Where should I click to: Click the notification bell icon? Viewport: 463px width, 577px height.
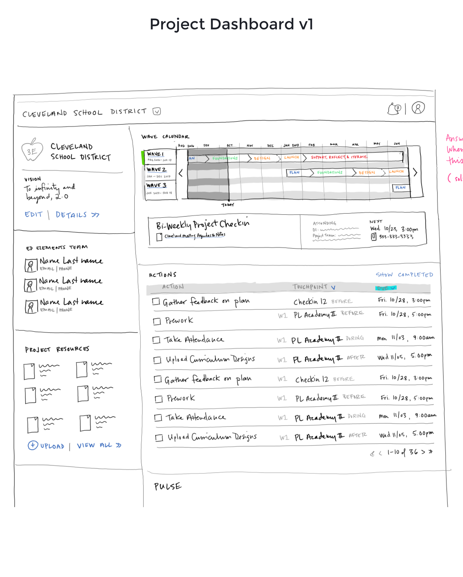pos(394,109)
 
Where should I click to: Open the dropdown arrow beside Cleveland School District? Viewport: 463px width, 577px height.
pos(157,111)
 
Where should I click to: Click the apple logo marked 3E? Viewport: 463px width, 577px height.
pos(32,150)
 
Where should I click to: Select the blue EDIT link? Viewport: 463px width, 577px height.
pos(34,215)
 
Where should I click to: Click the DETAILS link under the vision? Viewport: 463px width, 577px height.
pos(77,215)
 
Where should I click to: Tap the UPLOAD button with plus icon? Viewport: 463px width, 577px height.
pos(46,446)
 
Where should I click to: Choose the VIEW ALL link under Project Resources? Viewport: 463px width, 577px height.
pos(99,445)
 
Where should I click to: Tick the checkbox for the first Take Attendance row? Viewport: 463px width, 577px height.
pos(156,340)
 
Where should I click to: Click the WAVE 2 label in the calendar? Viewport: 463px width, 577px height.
pos(156,169)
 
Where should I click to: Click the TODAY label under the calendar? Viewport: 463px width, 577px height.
pos(228,205)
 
